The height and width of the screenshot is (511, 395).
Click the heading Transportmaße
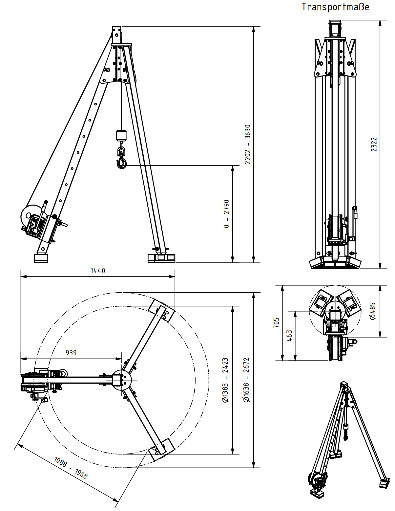[335, 7]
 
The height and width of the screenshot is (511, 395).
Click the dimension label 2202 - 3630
[248, 144]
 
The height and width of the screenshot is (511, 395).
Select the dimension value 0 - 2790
[227, 213]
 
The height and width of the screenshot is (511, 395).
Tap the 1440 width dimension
[98, 271]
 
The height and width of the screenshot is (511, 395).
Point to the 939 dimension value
[71, 353]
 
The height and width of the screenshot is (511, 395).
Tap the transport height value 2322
[374, 144]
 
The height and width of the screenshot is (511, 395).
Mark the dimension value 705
[277, 323]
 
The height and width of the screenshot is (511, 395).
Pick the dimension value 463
[289, 336]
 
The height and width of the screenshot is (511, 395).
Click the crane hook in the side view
[122, 162]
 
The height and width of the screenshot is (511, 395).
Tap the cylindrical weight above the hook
[121, 135]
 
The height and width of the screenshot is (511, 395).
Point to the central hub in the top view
[121, 380]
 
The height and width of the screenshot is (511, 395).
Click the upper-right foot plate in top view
[161, 310]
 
